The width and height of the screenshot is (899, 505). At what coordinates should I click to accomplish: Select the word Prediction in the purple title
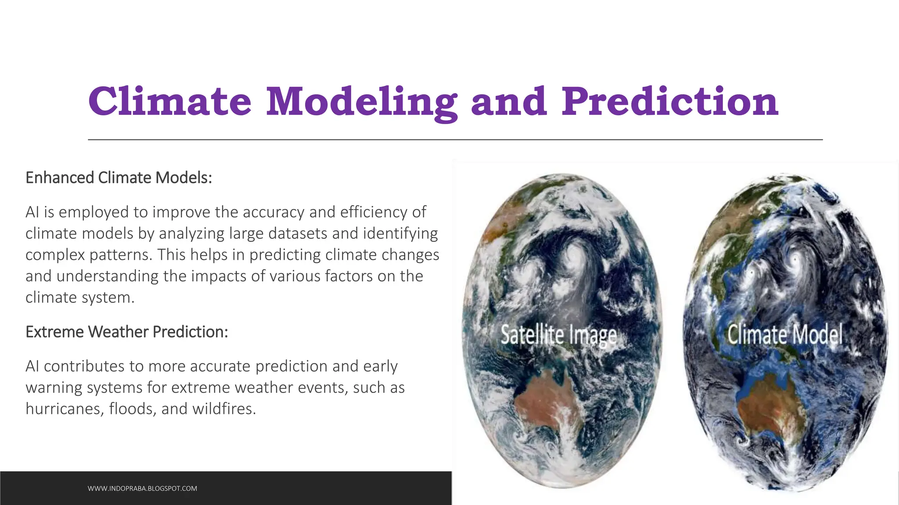pos(670,102)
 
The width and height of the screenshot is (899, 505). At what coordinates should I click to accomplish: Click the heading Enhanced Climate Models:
pos(119,178)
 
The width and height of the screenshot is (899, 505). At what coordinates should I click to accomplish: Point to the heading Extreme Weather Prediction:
pos(126,332)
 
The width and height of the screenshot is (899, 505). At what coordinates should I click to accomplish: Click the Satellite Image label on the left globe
pos(558,335)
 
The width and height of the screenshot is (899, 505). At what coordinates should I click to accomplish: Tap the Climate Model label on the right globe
pos(785,334)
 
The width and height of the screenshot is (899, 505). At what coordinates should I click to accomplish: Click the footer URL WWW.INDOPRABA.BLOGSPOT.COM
pos(142,488)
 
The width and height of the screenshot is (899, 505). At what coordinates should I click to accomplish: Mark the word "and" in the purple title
pos(509,102)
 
